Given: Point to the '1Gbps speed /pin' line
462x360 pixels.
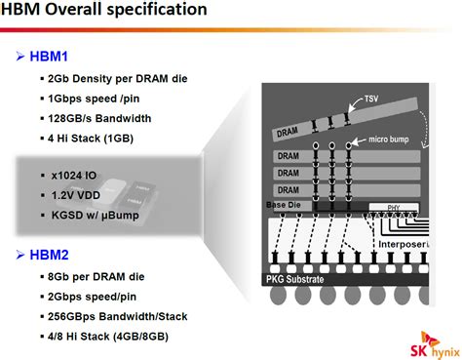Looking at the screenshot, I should point(99,99).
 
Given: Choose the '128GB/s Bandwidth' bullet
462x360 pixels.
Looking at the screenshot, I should point(105,118).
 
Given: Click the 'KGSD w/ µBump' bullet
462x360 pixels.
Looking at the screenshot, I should point(97,214).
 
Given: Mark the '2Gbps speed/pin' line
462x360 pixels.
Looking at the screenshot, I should point(99,296).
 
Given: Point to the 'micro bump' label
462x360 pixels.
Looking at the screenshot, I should point(392,144).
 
